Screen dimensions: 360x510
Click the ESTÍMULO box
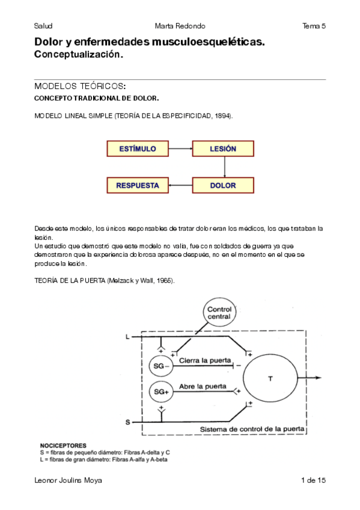(x=138, y=149)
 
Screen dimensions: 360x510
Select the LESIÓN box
(x=223, y=149)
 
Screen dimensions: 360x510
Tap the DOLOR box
(x=223, y=185)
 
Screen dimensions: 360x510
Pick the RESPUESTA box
(x=138, y=185)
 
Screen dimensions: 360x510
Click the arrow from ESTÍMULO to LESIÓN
(x=180, y=149)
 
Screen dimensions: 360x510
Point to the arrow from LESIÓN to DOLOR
(x=224, y=167)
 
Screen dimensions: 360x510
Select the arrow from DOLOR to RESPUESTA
(x=180, y=185)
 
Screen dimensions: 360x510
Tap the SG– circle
(x=161, y=366)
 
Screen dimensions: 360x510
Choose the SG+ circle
(x=161, y=392)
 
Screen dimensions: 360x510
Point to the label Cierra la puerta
(x=205, y=360)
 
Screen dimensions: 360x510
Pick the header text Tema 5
(x=314, y=26)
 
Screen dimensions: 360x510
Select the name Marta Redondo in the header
(x=180, y=26)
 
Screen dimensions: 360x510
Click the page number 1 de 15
(x=313, y=480)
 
